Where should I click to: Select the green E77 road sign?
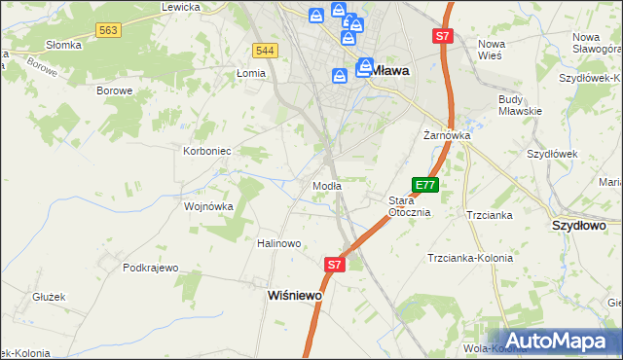pyautogui.click(x=425, y=184)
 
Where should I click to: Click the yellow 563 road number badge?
pyautogui.click(x=108, y=31)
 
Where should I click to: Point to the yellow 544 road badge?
pyautogui.click(x=264, y=50)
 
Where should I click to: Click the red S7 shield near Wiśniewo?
pyautogui.click(x=334, y=264)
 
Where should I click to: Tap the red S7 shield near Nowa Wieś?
pyautogui.click(x=442, y=37)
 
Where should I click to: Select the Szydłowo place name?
pyautogui.click(x=579, y=225)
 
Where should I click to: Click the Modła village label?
pyautogui.click(x=326, y=185)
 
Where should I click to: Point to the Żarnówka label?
pyautogui.click(x=447, y=136)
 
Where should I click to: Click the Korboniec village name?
pyautogui.click(x=206, y=151)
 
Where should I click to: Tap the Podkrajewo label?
pyautogui.click(x=151, y=268)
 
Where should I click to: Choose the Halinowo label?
pyautogui.click(x=279, y=243)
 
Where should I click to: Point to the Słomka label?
pyautogui.click(x=64, y=46)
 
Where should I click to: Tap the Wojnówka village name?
pyautogui.click(x=209, y=206)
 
